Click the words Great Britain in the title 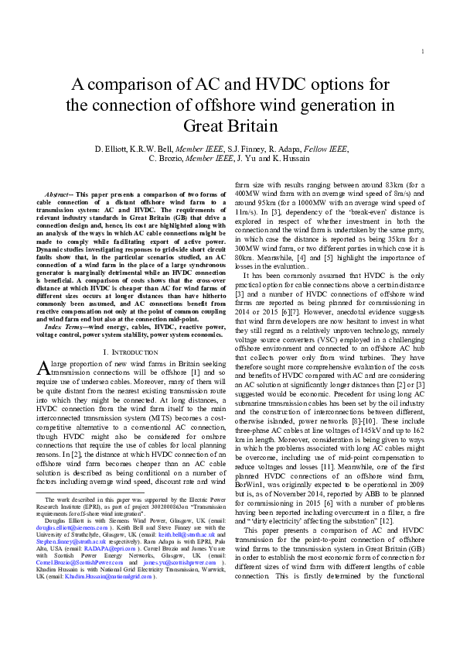(x=230, y=126)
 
